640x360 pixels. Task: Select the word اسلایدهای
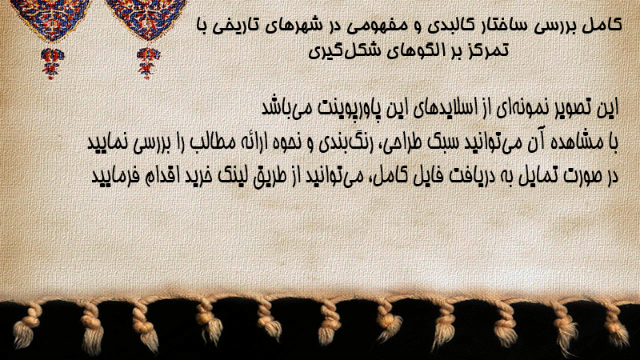coord(452,108)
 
